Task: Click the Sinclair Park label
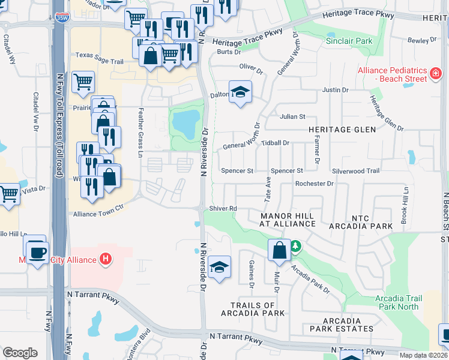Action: (349, 41)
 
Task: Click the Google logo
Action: (20, 353)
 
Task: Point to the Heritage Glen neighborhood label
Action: (342, 130)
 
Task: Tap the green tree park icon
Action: (295, 247)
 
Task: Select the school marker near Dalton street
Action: (240, 92)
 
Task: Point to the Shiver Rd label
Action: (223, 209)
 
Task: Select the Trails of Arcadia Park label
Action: (253, 309)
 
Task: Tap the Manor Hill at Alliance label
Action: (288, 220)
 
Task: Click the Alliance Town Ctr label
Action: (98, 214)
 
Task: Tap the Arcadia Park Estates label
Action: (342, 325)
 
